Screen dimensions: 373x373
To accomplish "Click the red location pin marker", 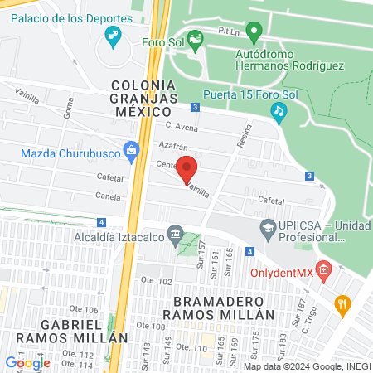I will pos(188,168).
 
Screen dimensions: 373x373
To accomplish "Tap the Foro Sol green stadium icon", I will pos(196,38).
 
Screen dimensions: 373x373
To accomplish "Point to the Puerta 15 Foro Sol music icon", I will pos(279,109).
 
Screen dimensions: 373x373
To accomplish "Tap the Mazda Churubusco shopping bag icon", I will pos(130,150).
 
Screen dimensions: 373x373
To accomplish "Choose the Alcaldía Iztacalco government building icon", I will pos(174,235).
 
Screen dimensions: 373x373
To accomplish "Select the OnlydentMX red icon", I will pos(324,269).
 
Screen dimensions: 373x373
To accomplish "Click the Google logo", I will pos(27,362).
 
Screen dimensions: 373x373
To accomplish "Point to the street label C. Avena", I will pos(182,127).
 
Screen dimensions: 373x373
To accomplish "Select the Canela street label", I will pos(107,197).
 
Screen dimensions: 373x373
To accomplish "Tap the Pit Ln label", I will pos(227,31).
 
